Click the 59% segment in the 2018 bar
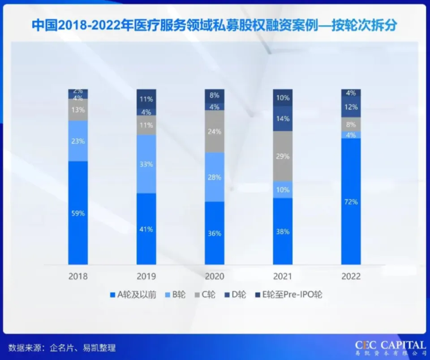[78, 213]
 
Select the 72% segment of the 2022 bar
[351, 201]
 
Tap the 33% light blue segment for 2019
[146, 164]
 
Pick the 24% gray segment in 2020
[215, 132]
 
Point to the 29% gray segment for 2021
[283, 156]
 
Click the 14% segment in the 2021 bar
[283, 119]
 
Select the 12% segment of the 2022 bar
[351, 107]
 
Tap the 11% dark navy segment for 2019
[146, 99]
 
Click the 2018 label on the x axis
[78, 276]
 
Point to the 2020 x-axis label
[215, 276]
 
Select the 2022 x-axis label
[351, 276]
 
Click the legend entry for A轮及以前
[133, 295]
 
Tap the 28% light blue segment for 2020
[215, 177]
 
